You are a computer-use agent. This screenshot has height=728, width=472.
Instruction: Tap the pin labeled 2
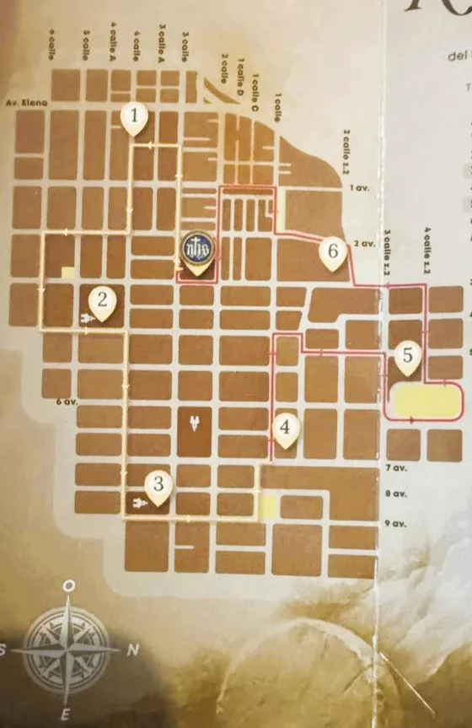point(103,301)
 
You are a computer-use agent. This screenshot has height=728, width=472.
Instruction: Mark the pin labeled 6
point(334,251)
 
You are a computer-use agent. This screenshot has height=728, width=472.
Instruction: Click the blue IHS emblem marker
point(196,250)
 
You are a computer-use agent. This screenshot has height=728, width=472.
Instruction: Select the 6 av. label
point(62,402)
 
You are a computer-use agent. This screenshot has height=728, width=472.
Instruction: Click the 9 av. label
point(394,524)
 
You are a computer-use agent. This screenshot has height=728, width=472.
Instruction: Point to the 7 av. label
point(394,467)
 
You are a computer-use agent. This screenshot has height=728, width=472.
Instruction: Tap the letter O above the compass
point(71,586)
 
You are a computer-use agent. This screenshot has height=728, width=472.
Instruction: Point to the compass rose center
point(67,650)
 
